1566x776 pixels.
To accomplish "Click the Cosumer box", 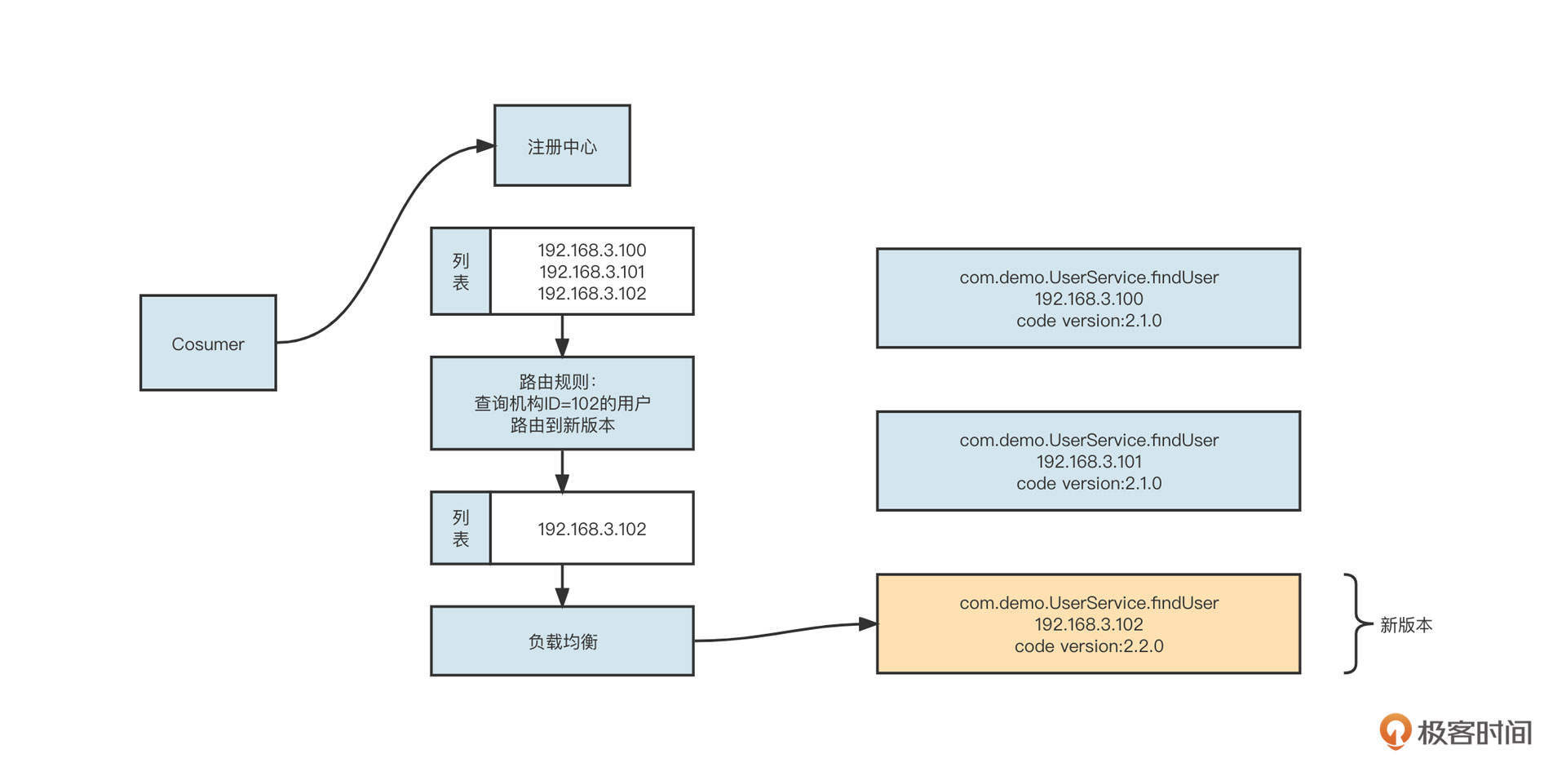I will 208,343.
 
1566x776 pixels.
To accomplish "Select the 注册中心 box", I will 562,146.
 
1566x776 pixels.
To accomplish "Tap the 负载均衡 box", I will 562,641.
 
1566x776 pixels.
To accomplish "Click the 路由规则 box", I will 562,403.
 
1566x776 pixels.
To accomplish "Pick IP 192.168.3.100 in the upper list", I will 591,251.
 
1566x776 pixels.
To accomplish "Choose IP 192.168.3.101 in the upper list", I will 591,272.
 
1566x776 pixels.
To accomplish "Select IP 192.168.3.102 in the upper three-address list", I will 591,294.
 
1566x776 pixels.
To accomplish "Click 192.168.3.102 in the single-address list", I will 591,529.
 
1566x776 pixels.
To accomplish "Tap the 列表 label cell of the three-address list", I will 461,272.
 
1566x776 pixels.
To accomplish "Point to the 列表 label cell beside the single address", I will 461,529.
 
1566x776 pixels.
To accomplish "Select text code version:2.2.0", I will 1088,646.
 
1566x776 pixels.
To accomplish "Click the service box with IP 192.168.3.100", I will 1088,299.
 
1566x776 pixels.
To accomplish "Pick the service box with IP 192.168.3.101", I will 1088,462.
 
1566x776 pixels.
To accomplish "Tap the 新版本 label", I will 1405,625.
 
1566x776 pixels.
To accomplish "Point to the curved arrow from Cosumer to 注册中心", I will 383,237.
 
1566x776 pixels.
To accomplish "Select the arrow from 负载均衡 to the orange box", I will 783,632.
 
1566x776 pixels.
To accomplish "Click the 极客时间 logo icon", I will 1395,731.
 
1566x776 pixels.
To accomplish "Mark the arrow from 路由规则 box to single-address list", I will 562,471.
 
